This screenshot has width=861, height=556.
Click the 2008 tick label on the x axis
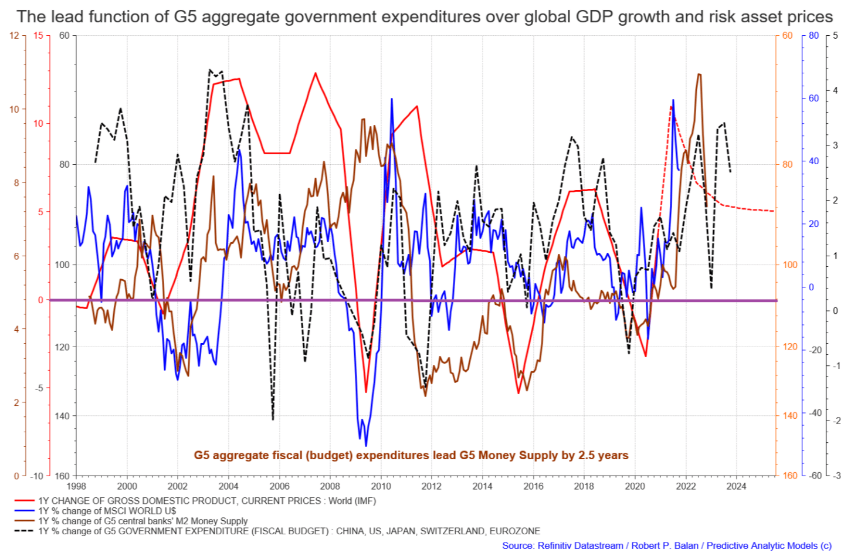point(330,486)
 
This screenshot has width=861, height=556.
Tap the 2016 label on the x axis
point(533,486)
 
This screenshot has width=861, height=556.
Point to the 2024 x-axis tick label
point(736,486)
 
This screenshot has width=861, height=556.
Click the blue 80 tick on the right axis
point(813,36)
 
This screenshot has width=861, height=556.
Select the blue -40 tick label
point(814,413)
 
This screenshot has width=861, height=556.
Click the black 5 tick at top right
point(835,36)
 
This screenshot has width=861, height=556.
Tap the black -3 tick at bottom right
point(835,476)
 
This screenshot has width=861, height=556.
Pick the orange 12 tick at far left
point(15,36)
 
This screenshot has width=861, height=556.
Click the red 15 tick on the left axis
point(38,36)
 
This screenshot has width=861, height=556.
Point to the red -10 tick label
point(37,476)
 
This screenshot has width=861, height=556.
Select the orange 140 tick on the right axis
point(790,416)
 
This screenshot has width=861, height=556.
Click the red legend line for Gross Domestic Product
point(25,501)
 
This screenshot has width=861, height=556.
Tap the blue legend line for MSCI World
point(25,511)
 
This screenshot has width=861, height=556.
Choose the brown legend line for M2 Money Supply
point(25,521)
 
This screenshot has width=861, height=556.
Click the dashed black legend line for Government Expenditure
point(25,531)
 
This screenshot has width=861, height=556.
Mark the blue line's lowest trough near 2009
point(366,446)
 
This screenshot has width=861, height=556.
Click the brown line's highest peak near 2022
point(699,74)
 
